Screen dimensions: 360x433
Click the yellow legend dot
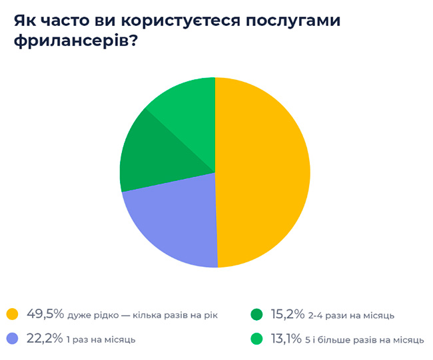11,313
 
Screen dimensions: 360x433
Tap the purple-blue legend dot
11,339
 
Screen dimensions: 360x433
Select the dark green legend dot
256,313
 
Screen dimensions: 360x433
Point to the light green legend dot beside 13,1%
256,339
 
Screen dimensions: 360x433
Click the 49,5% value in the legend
45,313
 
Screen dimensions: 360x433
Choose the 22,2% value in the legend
44,339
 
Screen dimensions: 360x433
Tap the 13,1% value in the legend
288,339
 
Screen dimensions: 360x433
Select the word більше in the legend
344,339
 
